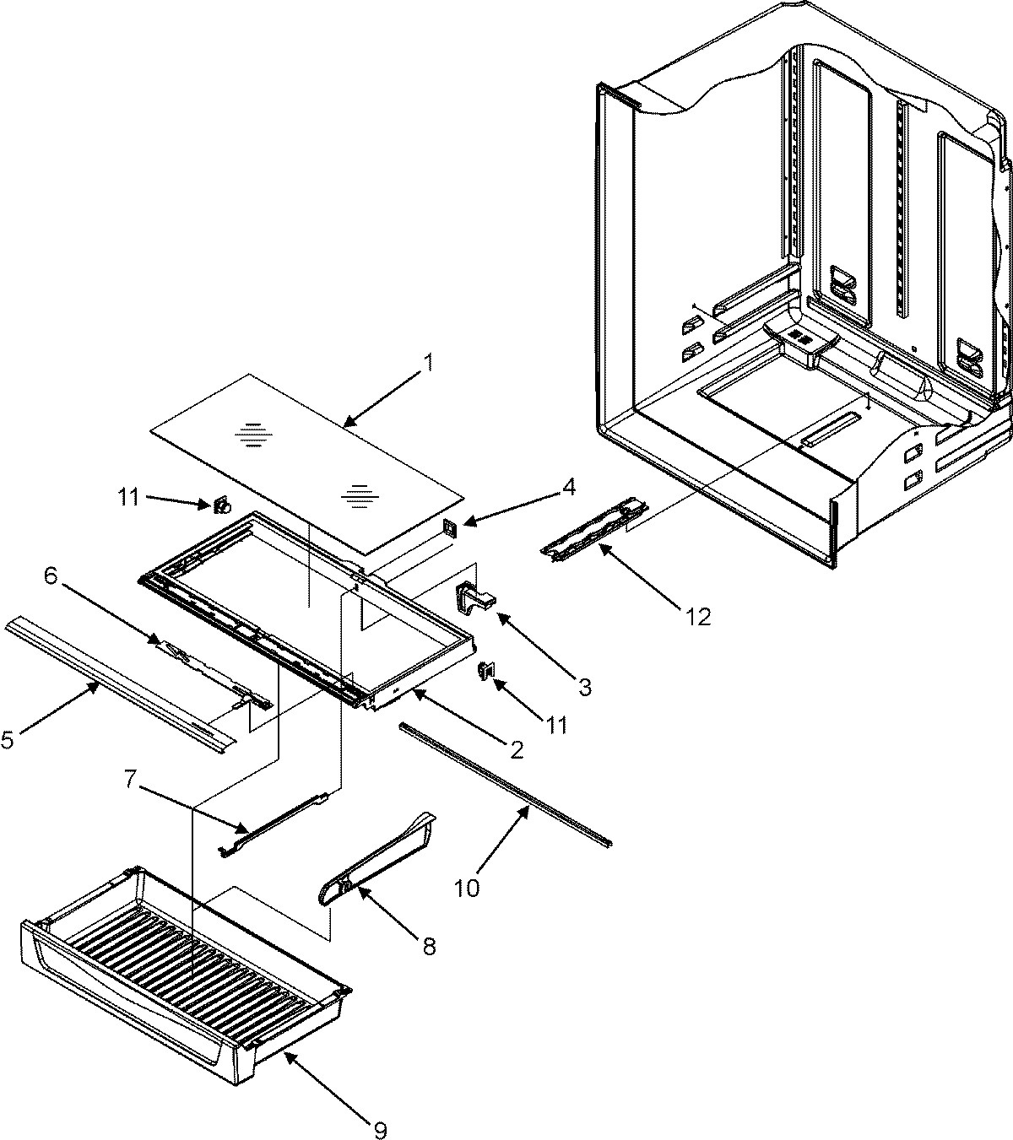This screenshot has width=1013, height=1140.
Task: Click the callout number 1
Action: (428, 364)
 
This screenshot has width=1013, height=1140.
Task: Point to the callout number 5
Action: (8, 740)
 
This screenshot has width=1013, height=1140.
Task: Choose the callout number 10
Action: (468, 888)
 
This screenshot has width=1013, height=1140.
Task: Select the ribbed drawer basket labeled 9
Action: (186, 970)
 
